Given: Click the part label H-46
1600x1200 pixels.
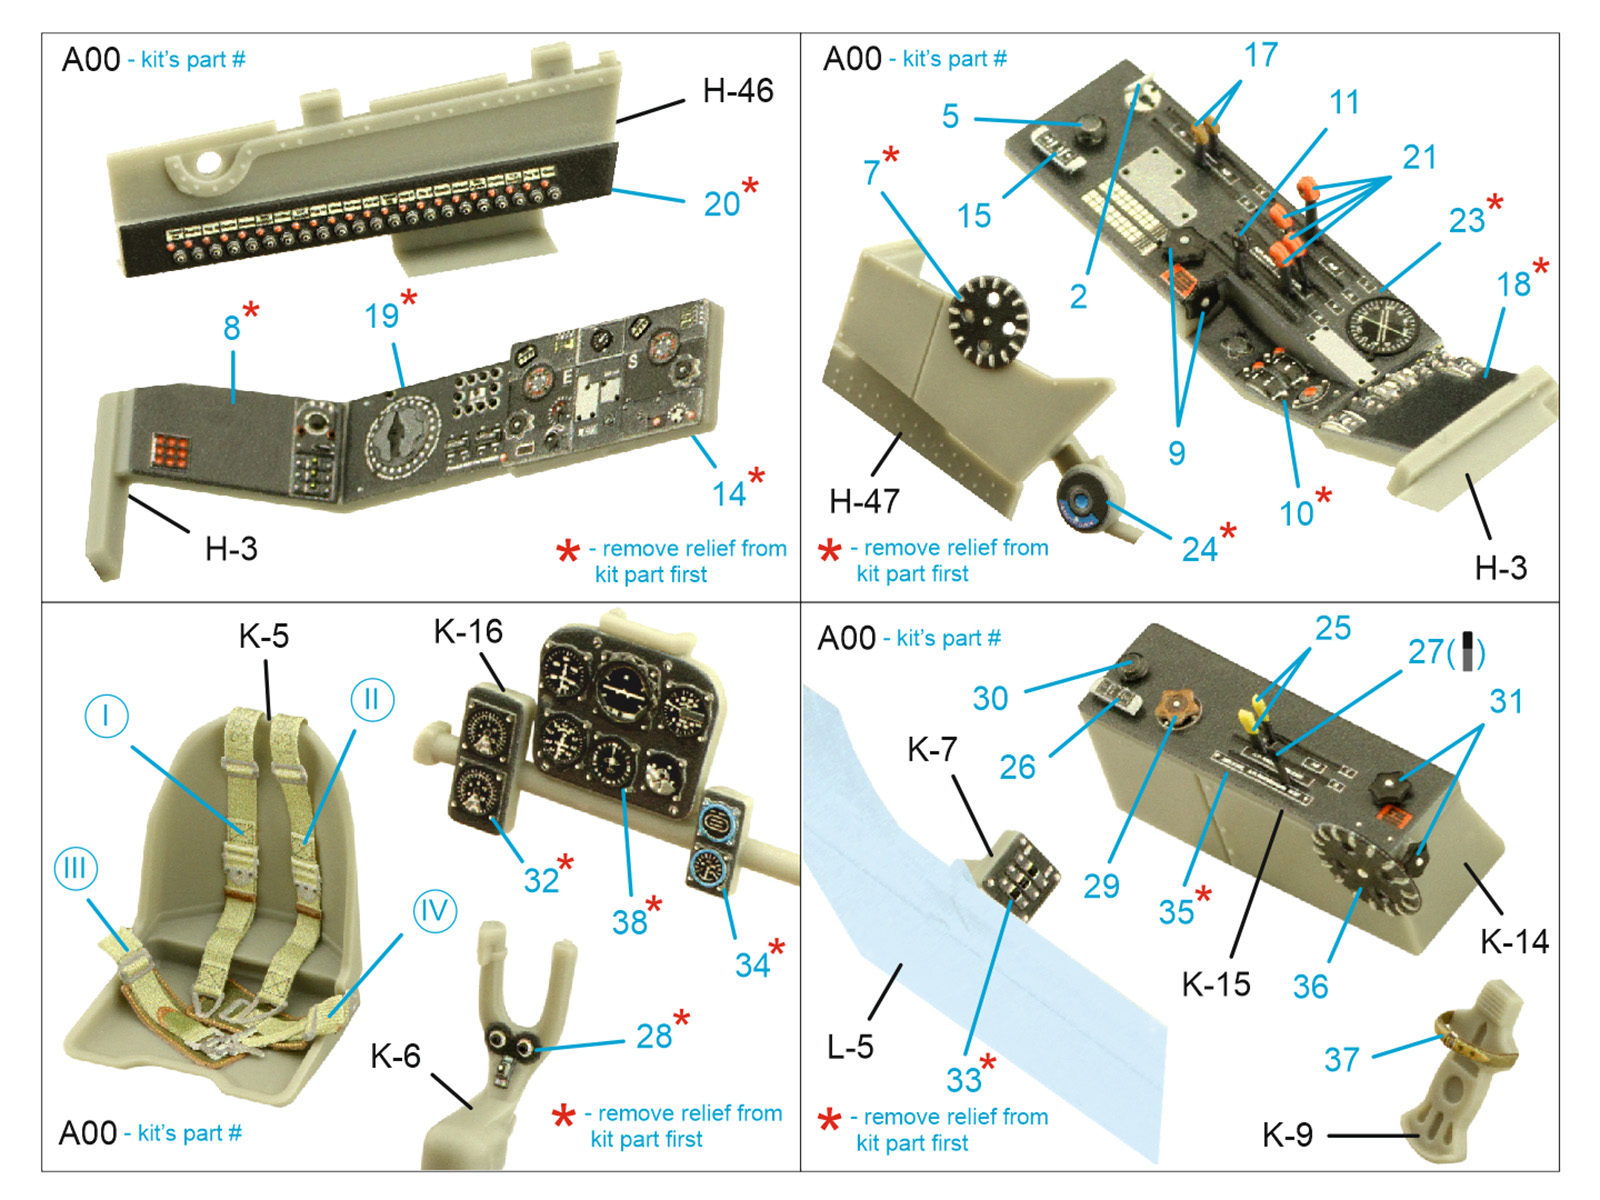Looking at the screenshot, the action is [x=737, y=91].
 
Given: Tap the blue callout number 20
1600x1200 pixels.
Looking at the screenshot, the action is [x=722, y=205].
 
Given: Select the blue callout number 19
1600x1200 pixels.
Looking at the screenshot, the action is [x=381, y=316].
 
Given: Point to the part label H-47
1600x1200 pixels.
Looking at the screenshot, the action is [x=864, y=501].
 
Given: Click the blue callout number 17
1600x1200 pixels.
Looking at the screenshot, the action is [x=1260, y=55].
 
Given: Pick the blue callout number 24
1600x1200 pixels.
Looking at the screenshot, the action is [x=1199, y=549].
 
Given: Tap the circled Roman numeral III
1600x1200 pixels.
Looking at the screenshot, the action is [x=76, y=868].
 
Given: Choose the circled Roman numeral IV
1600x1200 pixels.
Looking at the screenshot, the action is [x=435, y=911].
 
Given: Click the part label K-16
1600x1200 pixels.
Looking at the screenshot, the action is [x=468, y=632].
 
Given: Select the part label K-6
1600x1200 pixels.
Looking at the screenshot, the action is [x=395, y=1056].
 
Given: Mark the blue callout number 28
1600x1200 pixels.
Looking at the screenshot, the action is [x=653, y=1036].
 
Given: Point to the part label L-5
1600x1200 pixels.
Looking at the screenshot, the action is [x=850, y=1047].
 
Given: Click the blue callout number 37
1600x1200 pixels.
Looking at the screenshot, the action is [x=1342, y=1059].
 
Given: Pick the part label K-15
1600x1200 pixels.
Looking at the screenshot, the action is [x=1216, y=984].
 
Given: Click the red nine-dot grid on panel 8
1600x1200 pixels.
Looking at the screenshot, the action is [x=171, y=451].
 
